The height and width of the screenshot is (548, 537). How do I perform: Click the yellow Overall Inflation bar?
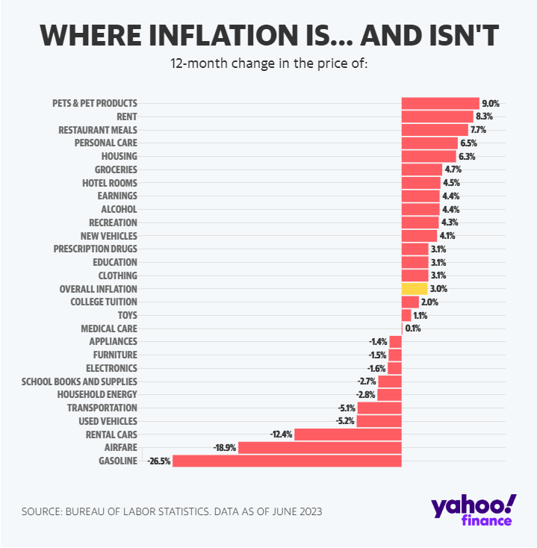414,288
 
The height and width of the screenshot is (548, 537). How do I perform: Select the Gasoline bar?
287,461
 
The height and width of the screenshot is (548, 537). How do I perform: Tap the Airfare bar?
320,448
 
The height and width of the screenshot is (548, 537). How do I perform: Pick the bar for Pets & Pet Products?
440,103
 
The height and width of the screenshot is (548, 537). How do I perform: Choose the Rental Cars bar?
348,435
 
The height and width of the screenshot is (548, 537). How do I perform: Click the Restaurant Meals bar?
434,129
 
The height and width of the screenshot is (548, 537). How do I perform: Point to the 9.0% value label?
491,103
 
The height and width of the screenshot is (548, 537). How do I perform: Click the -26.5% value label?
159,461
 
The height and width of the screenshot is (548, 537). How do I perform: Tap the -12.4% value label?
282,435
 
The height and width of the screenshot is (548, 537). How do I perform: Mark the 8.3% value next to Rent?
484,116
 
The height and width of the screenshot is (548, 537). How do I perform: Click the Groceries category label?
116,169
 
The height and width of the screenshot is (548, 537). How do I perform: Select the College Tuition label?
104,302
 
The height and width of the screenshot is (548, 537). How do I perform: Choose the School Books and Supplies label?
79,382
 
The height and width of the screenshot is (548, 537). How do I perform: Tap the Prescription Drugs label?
96,249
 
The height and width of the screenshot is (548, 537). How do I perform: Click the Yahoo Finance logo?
473,509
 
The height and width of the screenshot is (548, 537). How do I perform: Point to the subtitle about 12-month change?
270,63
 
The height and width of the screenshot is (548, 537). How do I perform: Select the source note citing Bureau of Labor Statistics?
172,511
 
